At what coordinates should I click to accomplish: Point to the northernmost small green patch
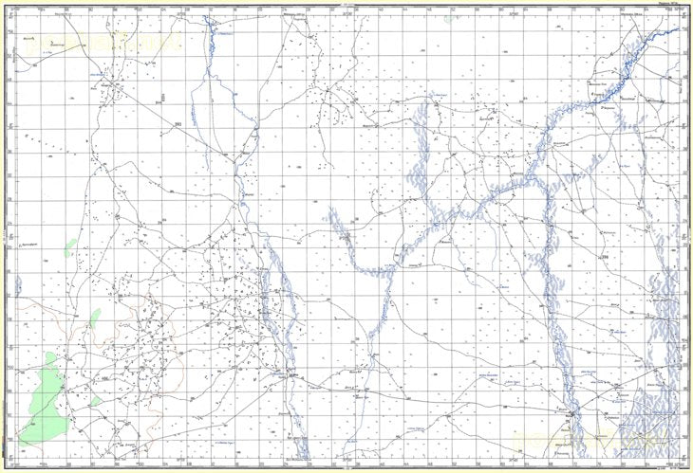pos(69,248)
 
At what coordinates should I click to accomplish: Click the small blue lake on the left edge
pos(18,284)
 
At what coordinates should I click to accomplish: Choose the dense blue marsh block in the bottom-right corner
pos(655,417)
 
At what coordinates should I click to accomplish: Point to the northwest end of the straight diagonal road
pos(114,85)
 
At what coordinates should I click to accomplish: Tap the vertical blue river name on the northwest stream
pos(194,114)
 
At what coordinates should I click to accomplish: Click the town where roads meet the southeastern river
pos(571,415)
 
